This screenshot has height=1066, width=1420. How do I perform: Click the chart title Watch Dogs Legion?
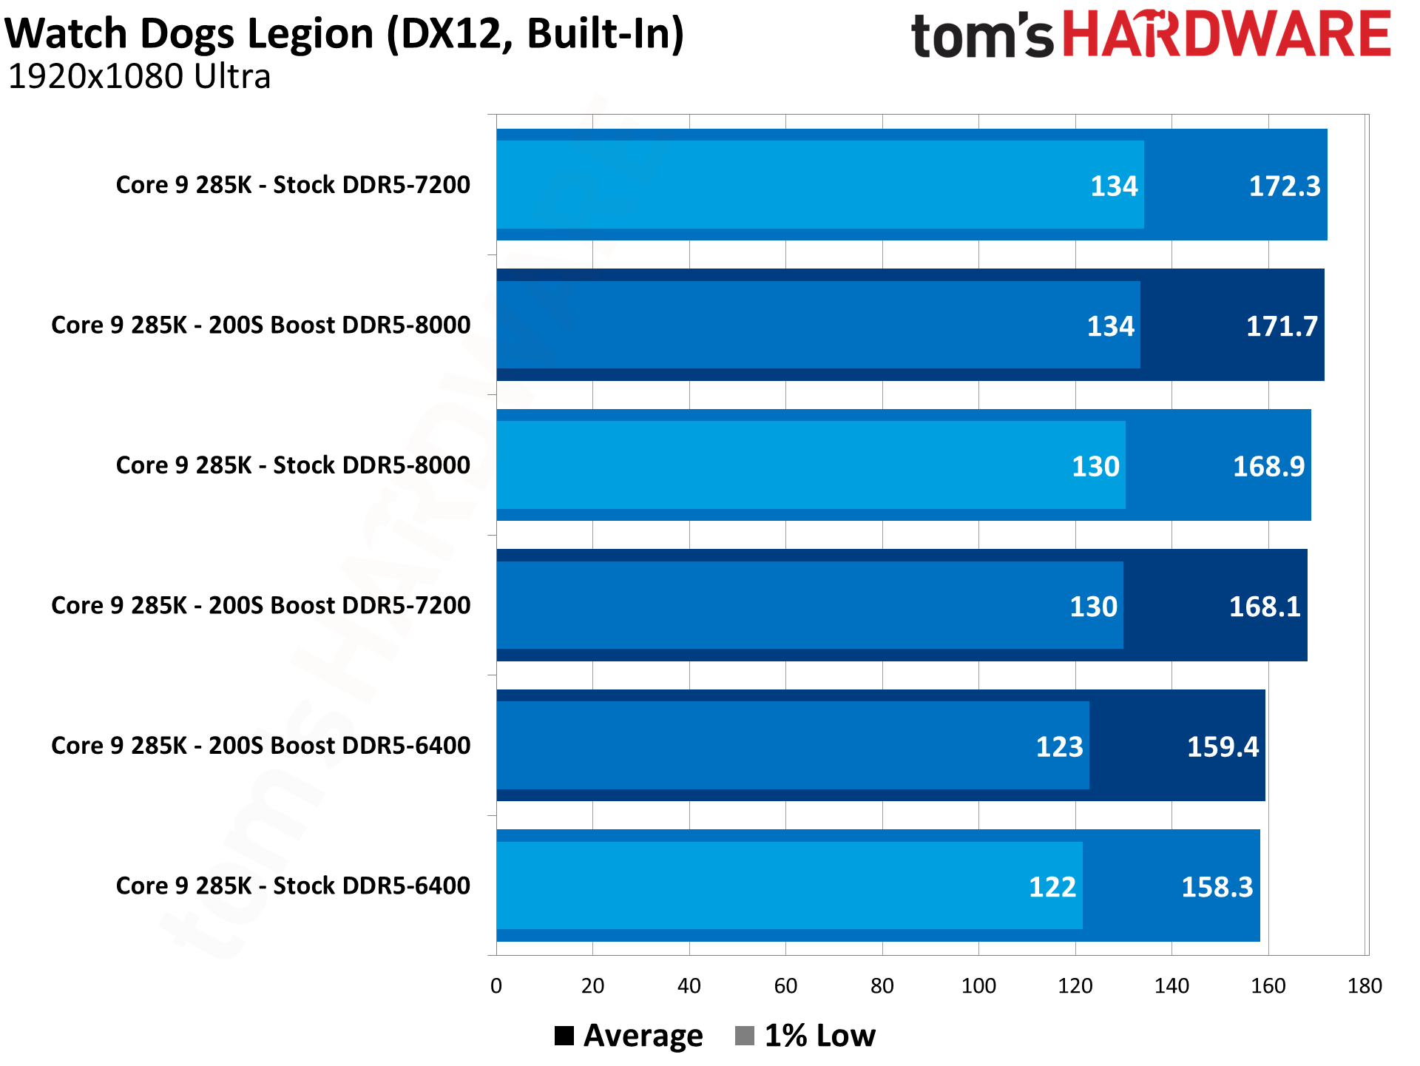pos(345,34)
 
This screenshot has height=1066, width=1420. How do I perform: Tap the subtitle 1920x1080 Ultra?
pos(139,77)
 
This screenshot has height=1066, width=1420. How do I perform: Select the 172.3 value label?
pos(1284,186)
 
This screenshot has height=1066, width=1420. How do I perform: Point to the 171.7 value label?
pos(1282,326)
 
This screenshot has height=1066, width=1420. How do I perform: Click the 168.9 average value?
pos(1268,467)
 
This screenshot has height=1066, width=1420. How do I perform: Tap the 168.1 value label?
pos(1264,607)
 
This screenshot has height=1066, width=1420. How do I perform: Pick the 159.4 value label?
pos(1223,747)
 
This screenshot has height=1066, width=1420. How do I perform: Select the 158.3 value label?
pos(1217,887)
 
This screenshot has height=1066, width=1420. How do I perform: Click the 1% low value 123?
pos(1059,747)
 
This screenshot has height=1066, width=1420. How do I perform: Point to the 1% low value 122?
pos(1052,887)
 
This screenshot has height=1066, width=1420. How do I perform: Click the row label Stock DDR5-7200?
pos(293,185)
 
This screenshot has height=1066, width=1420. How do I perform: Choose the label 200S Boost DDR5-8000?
pos(260,325)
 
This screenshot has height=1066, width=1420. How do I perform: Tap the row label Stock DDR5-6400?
pos(293,886)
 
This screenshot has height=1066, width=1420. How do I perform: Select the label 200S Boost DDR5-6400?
pos(260,746)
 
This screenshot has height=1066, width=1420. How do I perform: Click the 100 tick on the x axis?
pos(978,986)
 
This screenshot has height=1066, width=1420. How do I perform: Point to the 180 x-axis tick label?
pos(1365,986)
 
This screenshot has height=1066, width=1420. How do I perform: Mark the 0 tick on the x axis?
pos(496,986)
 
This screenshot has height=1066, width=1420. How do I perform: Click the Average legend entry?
pos(629,1036)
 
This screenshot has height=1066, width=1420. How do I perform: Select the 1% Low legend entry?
pos(805,1036)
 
